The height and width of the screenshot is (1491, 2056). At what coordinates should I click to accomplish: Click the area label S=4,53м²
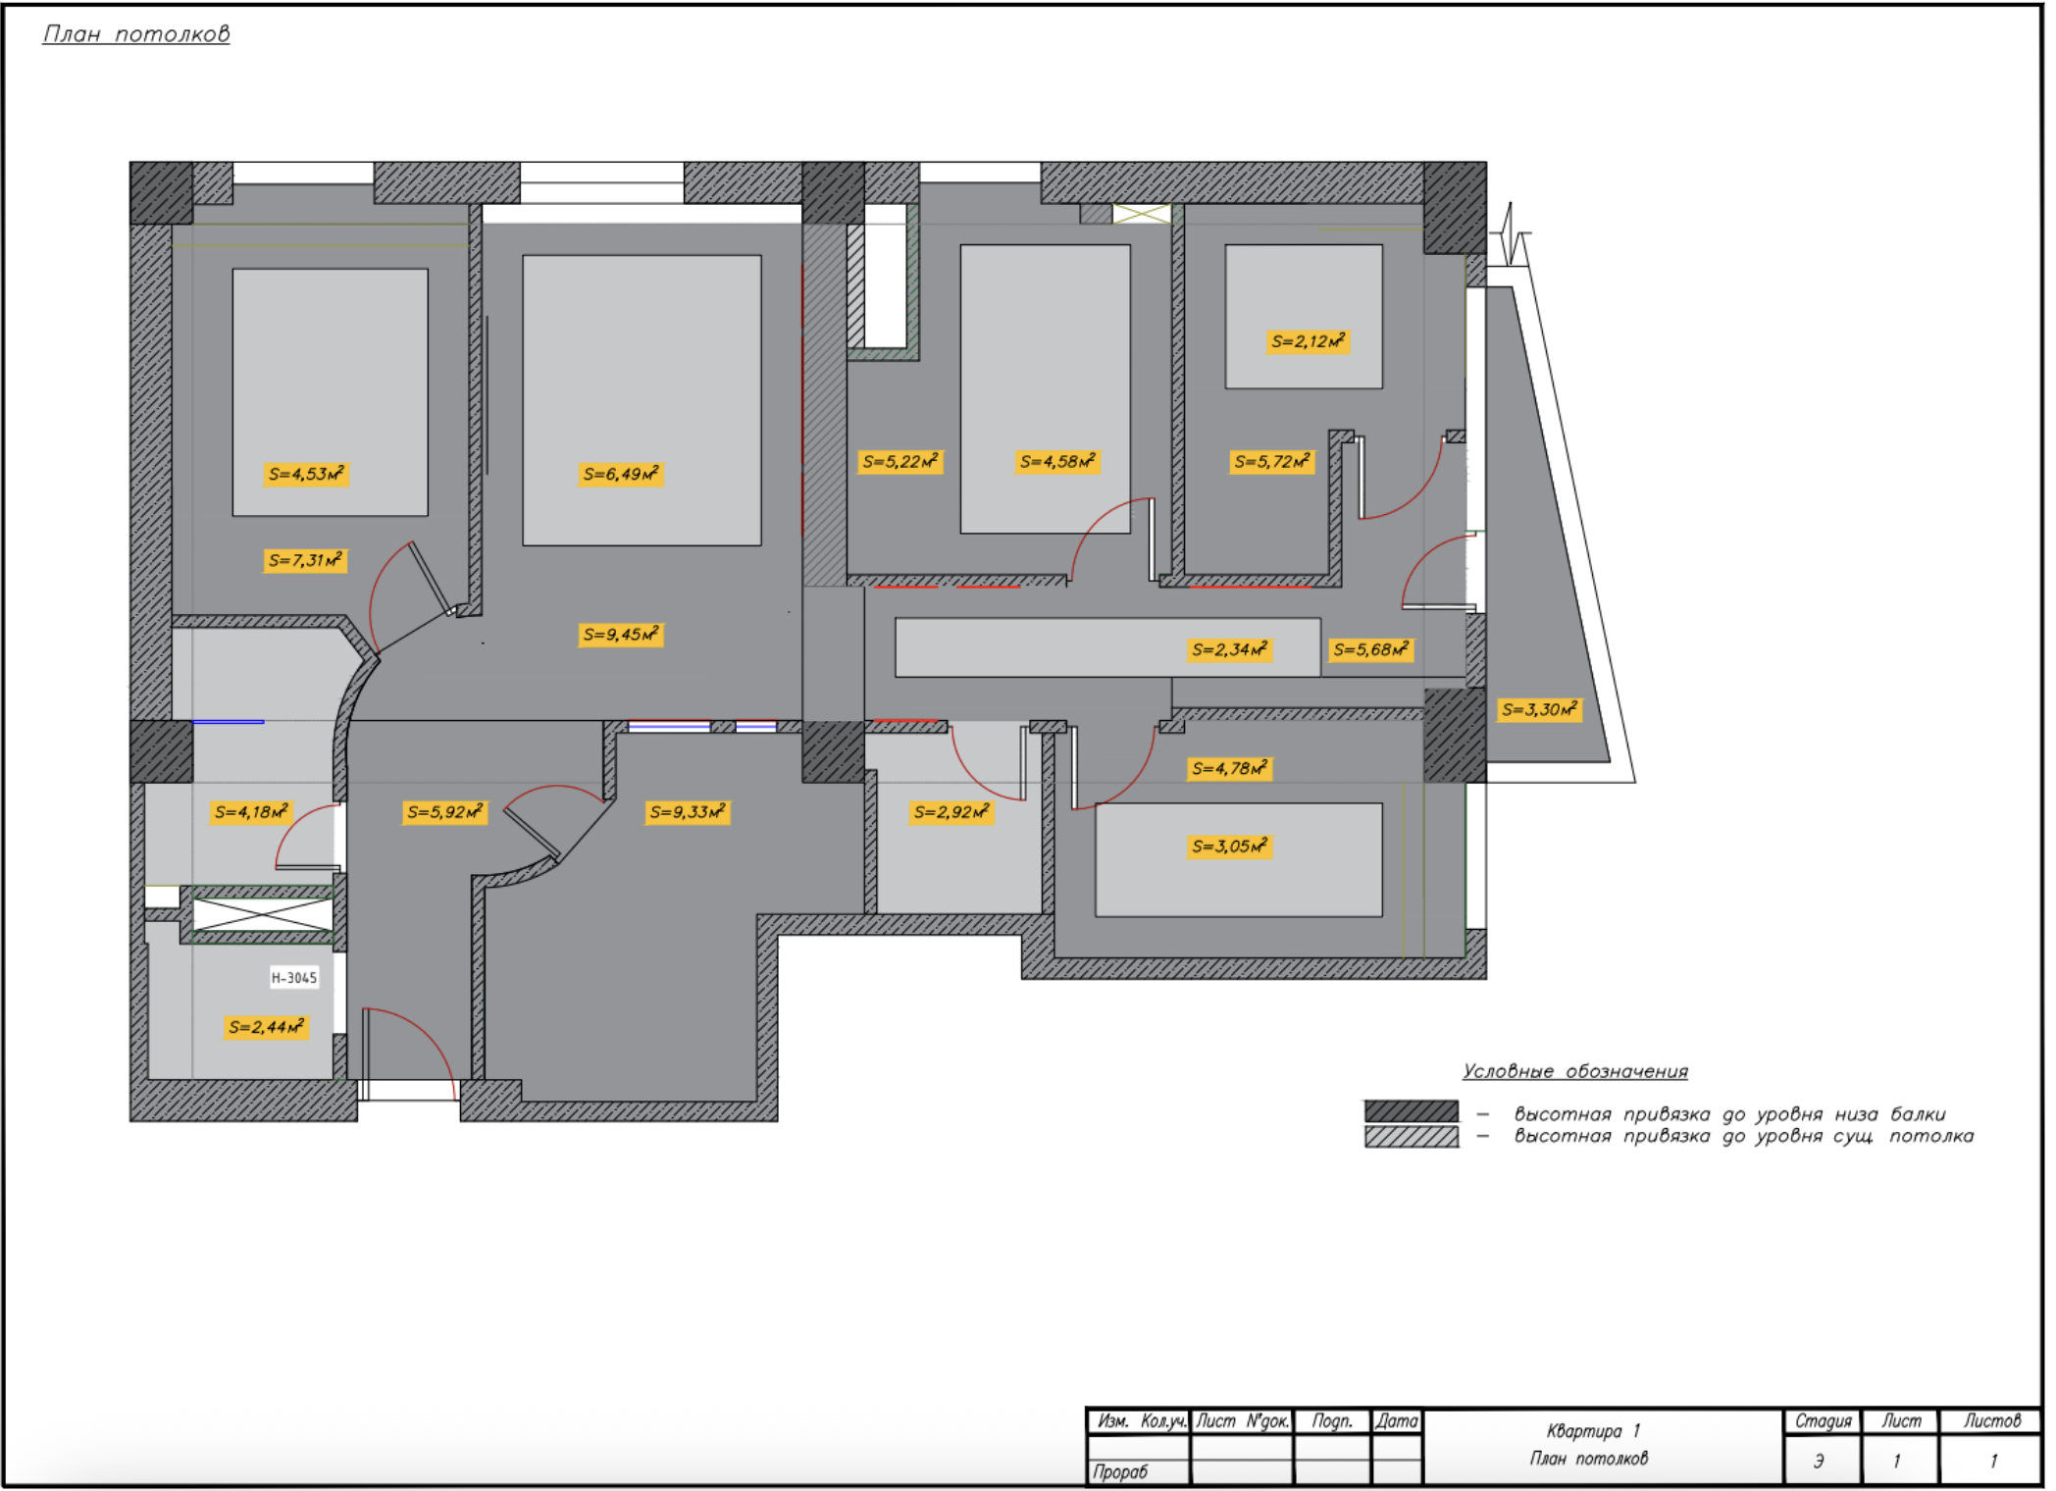point(306,475)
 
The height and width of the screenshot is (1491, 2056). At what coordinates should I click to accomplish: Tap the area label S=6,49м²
point(620,475)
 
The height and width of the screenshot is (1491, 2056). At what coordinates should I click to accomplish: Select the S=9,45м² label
point(620,635)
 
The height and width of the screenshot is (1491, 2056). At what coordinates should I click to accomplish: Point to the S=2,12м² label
point(1308,341)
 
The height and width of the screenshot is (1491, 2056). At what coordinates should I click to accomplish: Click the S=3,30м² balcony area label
point(1539,709)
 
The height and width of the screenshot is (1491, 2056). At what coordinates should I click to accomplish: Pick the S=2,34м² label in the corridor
point(1229,649)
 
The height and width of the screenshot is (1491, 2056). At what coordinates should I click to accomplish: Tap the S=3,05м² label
point(1229,846)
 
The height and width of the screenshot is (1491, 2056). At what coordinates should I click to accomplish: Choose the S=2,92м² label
point(951,812)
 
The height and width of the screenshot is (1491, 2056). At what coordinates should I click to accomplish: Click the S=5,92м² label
point(444,812)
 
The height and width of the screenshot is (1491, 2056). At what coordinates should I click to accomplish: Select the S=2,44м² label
point(266,1027)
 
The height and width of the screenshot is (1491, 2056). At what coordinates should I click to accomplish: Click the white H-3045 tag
point(294,977)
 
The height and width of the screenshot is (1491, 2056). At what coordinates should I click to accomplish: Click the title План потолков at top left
point(136,34)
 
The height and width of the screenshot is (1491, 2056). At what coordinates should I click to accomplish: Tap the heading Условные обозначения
point(1574,1071)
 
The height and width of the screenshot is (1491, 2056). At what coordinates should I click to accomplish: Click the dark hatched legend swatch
point(1411,1111)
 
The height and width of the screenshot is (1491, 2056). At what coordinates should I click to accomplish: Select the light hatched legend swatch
point(1411,1137)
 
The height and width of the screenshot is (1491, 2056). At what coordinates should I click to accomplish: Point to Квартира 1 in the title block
point(1593,1431)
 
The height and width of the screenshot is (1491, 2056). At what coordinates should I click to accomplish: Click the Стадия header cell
point(1823,1421)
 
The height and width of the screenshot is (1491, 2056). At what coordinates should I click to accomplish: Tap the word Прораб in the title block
point(1120,1471)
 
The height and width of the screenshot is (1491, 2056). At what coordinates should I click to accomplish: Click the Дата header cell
point(1396,1421)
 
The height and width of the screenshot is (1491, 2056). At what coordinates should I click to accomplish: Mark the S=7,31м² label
point(306,561)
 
